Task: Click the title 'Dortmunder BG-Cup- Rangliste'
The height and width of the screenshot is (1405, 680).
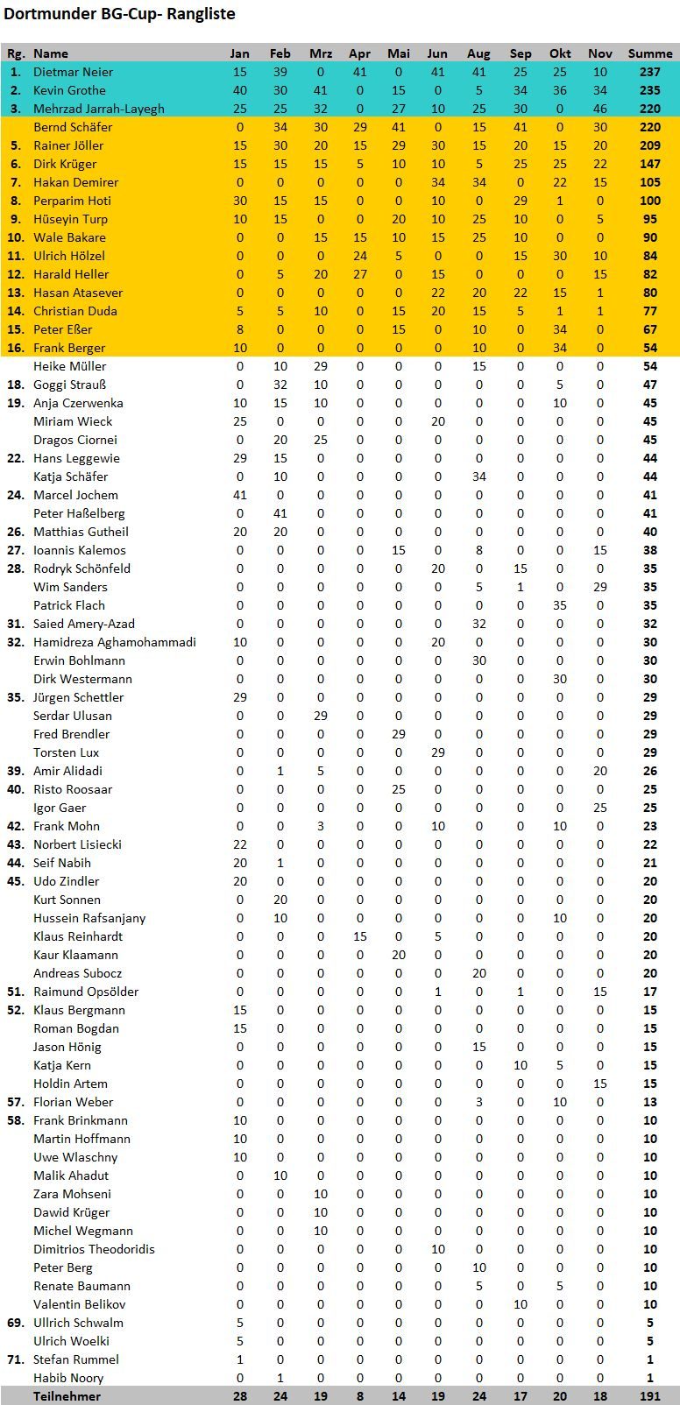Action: tap(119, 14)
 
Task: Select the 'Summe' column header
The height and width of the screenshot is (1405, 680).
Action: tap(650, 53)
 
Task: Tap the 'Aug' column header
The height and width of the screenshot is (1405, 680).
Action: tap(478, 53)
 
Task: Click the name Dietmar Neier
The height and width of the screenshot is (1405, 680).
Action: tap(73, 72)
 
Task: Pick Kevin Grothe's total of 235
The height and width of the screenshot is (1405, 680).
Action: tap(650, 90)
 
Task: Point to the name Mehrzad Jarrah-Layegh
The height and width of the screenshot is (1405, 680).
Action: tap(98, 109)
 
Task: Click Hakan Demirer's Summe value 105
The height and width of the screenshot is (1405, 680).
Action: tap(650, 182)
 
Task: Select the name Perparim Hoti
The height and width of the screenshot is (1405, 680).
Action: tap(72, 201)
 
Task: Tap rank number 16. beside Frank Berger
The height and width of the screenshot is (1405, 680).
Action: tap(15, 348)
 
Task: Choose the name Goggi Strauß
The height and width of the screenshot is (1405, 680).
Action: tap(69, 385)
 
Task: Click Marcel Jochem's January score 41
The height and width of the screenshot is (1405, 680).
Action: tap(239, 495)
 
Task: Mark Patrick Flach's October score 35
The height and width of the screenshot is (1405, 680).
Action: tap(560, 605)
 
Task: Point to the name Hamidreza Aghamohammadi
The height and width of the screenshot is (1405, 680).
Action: tap(115, 642)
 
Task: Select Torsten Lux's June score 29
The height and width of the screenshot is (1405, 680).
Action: tap(438, 752)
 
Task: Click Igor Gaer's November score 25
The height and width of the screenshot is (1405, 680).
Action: tap(600, 808)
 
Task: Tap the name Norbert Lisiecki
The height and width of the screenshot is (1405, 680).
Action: tap(77, 844)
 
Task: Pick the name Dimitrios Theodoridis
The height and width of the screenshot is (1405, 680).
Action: tap(94, 1249)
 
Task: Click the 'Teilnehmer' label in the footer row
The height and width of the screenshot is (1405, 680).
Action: tap(67, 1396)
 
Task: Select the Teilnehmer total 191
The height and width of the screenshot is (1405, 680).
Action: tap(650, 1396)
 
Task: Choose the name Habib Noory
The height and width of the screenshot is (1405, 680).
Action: tap(68, 1378)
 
